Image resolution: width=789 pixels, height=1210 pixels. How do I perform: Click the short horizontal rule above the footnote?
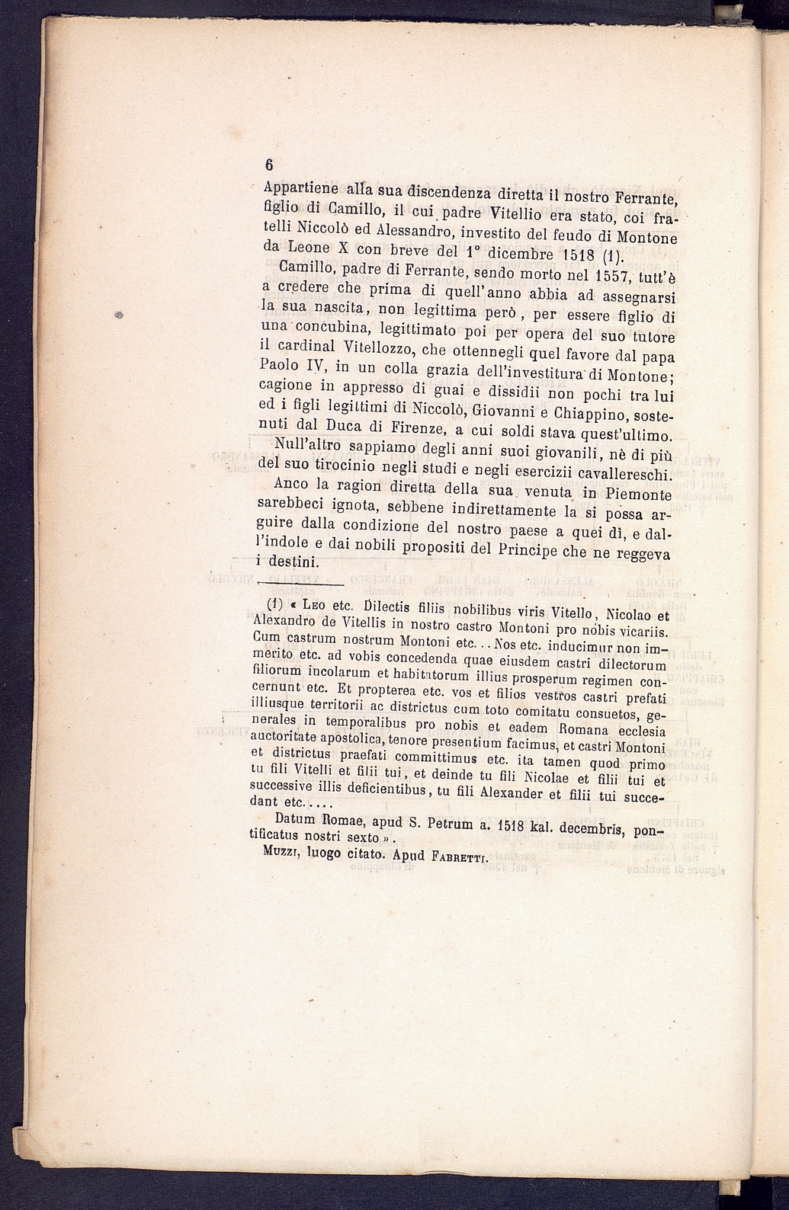pos(301,584)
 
